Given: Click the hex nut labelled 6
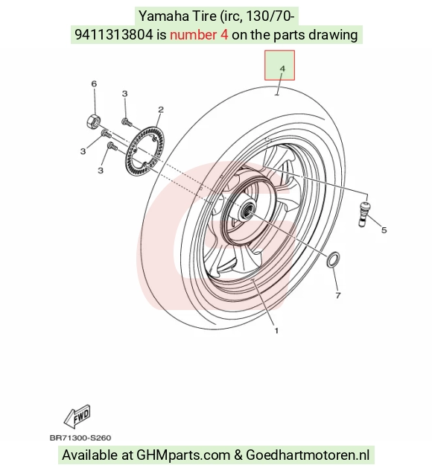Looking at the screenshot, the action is click(x=92, y=121).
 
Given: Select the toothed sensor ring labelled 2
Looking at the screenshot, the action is click(x=145, y=151).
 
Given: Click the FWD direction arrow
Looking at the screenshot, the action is click(x=77, y=417).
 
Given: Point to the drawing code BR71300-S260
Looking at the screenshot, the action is click(x=80, y=437).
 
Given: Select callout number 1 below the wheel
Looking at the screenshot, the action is click(x=276, y=330).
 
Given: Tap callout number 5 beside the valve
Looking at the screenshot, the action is click(x=384, y=230).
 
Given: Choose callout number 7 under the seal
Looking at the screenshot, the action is click(x=337, y=296).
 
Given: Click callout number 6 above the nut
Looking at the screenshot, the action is click(x=94, y=83).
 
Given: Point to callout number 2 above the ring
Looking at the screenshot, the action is click(x=161, y=110).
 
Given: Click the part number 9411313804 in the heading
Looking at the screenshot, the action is click(x=113, y=35).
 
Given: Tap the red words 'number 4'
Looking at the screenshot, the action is click(x=199, y=35).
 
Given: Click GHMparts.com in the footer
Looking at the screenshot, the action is click(x=183, y=455).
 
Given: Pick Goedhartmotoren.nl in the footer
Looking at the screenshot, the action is click(x=308, y=455).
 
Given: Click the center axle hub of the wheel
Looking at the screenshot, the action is click(x=247, y=209).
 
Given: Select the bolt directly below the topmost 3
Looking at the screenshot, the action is click(x=127, y=122).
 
